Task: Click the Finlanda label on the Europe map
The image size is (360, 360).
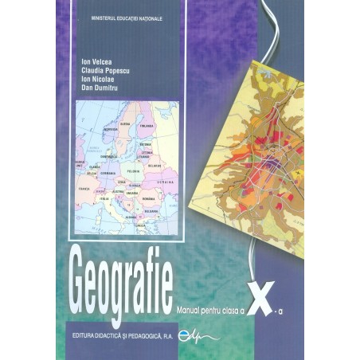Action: click(147, 125)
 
